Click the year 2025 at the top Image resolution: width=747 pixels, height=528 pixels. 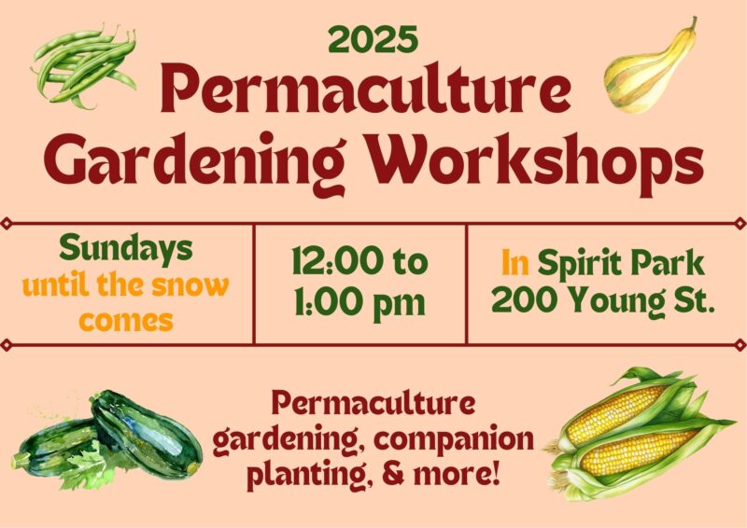373,39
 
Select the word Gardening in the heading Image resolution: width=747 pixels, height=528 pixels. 194,163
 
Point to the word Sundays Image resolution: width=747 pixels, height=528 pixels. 126,249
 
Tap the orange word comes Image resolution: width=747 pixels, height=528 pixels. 126,321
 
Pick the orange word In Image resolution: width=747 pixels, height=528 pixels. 515,263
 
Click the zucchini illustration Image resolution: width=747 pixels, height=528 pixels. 107,441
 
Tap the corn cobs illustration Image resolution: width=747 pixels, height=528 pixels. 639,434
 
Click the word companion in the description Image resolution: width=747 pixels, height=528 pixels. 454,440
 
